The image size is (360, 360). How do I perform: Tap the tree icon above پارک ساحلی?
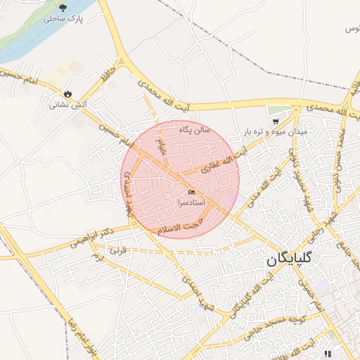tap(63, 8)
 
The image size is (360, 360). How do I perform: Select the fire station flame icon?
tap(67, 94)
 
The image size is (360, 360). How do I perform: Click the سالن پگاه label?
tap(195, 129)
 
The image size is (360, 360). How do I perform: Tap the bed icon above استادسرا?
tap(192, 192)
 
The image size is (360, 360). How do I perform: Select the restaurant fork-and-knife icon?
tap(327, 353)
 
